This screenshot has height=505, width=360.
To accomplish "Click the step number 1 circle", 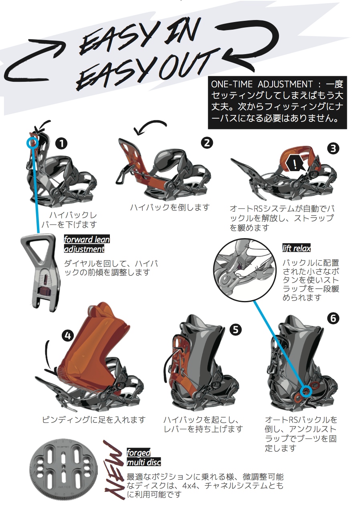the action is click(x=61, y=143).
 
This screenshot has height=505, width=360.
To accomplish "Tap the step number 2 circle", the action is click(x=207, y=143).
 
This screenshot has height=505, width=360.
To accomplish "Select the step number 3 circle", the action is click(x=333, y=149).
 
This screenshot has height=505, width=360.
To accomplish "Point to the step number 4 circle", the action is click(x=68, y=336).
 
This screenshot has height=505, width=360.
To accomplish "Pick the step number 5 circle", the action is click(x=235, y=330).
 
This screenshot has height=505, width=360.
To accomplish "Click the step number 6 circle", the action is click(x=333, y=319).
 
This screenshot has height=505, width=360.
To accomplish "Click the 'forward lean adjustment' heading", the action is click(x=87, y=244).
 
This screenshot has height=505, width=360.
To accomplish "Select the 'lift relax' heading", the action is click(x=296, y=248).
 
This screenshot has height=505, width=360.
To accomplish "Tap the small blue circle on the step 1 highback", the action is click(x=32, y=143).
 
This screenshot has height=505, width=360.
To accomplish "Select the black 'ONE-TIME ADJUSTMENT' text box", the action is click(x=277, y=103).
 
